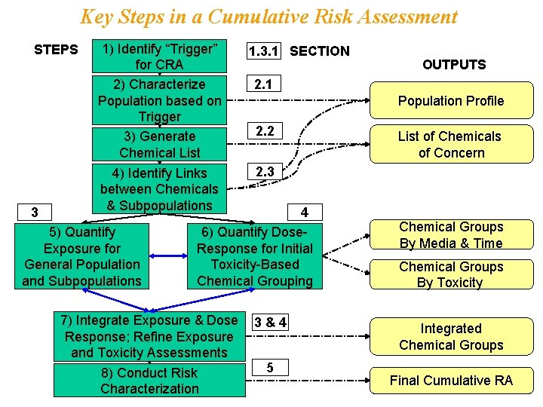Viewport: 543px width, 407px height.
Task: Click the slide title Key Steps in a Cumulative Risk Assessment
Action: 268,17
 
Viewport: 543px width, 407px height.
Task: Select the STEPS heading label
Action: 56,50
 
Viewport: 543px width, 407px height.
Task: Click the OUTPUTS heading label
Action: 454,64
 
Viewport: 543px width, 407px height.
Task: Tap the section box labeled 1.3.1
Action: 264,50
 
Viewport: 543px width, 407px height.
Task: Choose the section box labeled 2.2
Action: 265,131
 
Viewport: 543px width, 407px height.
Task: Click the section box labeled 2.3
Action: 265,172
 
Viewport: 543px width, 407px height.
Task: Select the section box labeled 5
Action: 269,368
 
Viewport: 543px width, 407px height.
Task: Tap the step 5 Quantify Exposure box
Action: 82,256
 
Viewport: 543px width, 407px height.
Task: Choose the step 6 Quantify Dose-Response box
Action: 255,256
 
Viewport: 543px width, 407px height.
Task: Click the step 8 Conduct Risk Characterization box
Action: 149,381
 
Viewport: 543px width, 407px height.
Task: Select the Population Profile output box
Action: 451,101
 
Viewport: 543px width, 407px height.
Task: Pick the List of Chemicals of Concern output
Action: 451,144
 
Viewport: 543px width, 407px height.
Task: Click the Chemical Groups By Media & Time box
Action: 451,234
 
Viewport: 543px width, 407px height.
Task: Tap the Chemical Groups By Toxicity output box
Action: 451,274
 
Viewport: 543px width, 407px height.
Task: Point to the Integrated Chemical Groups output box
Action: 451,337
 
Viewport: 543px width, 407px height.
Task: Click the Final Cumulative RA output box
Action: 451,380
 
